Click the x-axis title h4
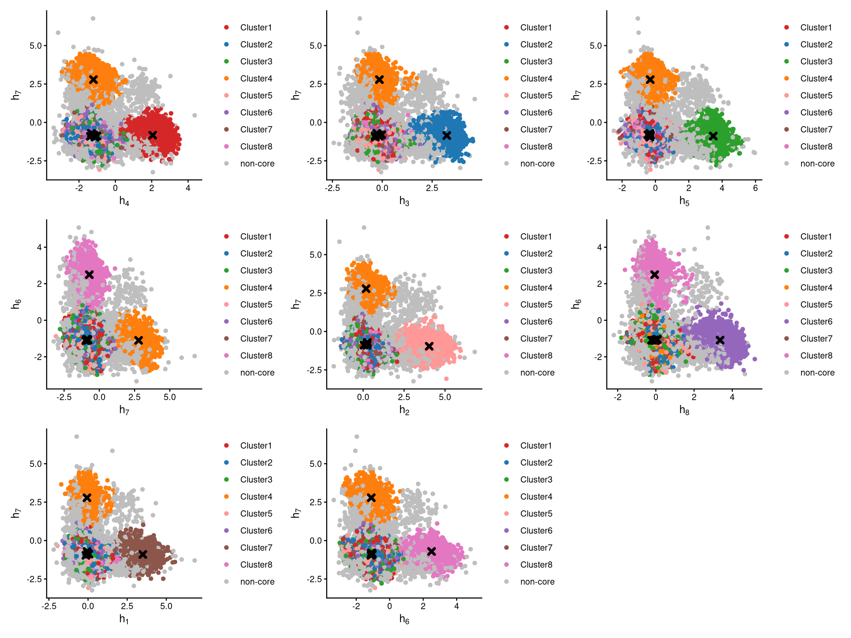pyautogui.click(x=124, y=201)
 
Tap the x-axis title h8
pyautogui.click(x=684, y=410)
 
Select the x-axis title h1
pyautogui.click(x=124, y=619)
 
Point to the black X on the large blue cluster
pyautogui.click(x=447, y=136)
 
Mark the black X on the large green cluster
pyautogui.click(x=713, y=136)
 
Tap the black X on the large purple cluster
pyautogui.click(x=720, y=340)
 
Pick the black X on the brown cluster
pyautogui.click(x=143, y=554)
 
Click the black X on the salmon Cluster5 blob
pyautogui.click(x=429, y=346)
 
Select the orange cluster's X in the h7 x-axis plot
pyautogui.click(x=139, y=340)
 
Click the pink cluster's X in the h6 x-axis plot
pyautogui.click(x=432, y=552)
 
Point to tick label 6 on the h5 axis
pyautogui.click(x=756, y=188)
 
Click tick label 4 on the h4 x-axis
pyautogui.click(x=188, y=188)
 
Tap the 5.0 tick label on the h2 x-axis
pyautogui.click(x=445, y=397)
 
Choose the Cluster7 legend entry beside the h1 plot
pyautogui.click(x=256, y=548)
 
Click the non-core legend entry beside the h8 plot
pyautogui.click(x=817, y=373)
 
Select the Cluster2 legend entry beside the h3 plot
pyautogui.click(x=536, y=45)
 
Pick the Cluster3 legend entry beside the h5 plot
pyautogui.click(x=816, y=62)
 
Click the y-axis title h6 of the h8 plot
pyautogui.click(x=575, y=304)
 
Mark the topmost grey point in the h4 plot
pyautogui.click(x=93, y=18)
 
